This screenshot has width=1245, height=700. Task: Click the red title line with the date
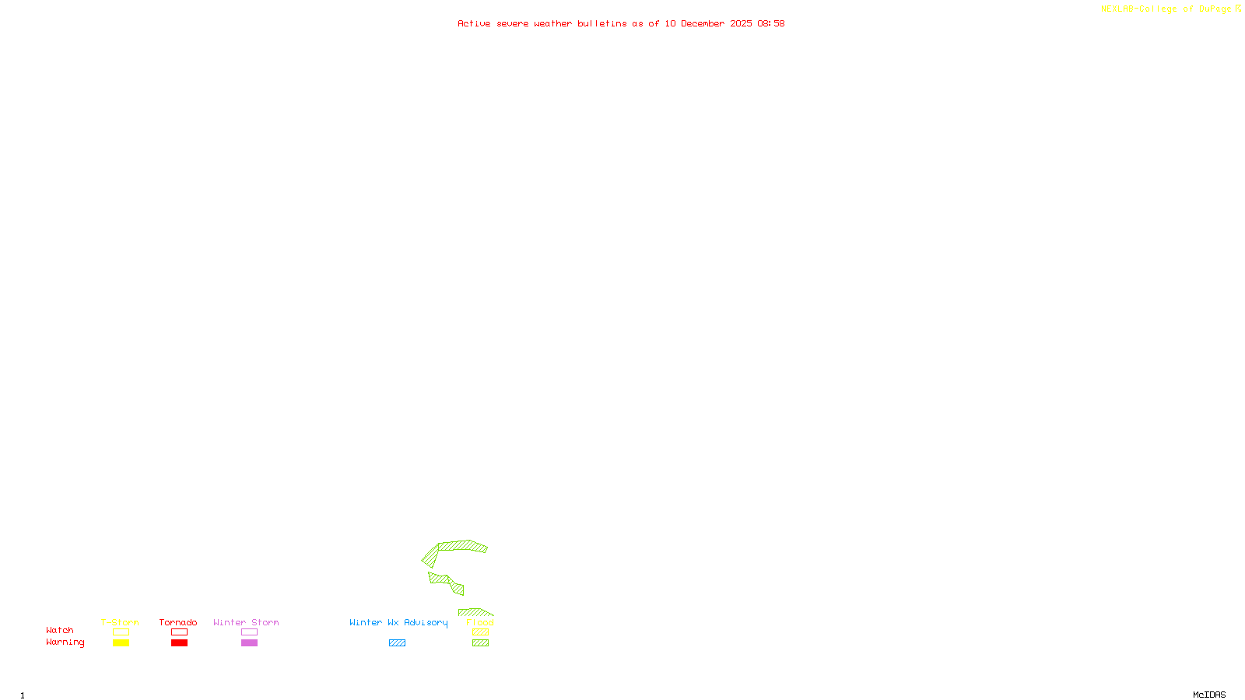(x=621, y=23)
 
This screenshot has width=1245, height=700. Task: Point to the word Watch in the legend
(x=60, y=631)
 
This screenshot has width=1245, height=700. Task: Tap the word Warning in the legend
(x=65, y=642)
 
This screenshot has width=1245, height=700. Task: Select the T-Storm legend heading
(x=120, y=622)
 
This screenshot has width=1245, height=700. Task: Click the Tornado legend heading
(x=178, y=622)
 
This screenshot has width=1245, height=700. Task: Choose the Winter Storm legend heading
(x=246, y=622)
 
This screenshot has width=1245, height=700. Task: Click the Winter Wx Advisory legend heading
(x=398, y=622)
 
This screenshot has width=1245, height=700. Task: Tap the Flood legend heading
(x=480, y=622)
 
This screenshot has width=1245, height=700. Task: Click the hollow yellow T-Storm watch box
(x=121, y=632)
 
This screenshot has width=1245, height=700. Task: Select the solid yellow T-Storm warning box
(x=121, y=643)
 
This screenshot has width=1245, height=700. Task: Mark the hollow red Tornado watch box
(x=179, y=632)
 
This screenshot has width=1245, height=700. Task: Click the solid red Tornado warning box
(x=179, y=643)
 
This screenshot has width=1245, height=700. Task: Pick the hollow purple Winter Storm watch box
(x=249, y=632)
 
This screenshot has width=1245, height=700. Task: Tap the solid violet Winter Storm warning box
(x=249, y=643)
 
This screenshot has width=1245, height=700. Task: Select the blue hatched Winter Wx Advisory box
(x=397, y=643)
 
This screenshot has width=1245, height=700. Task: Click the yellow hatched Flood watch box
(x=480, y=632)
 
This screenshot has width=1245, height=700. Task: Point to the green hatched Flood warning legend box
(x=480, y=643)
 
